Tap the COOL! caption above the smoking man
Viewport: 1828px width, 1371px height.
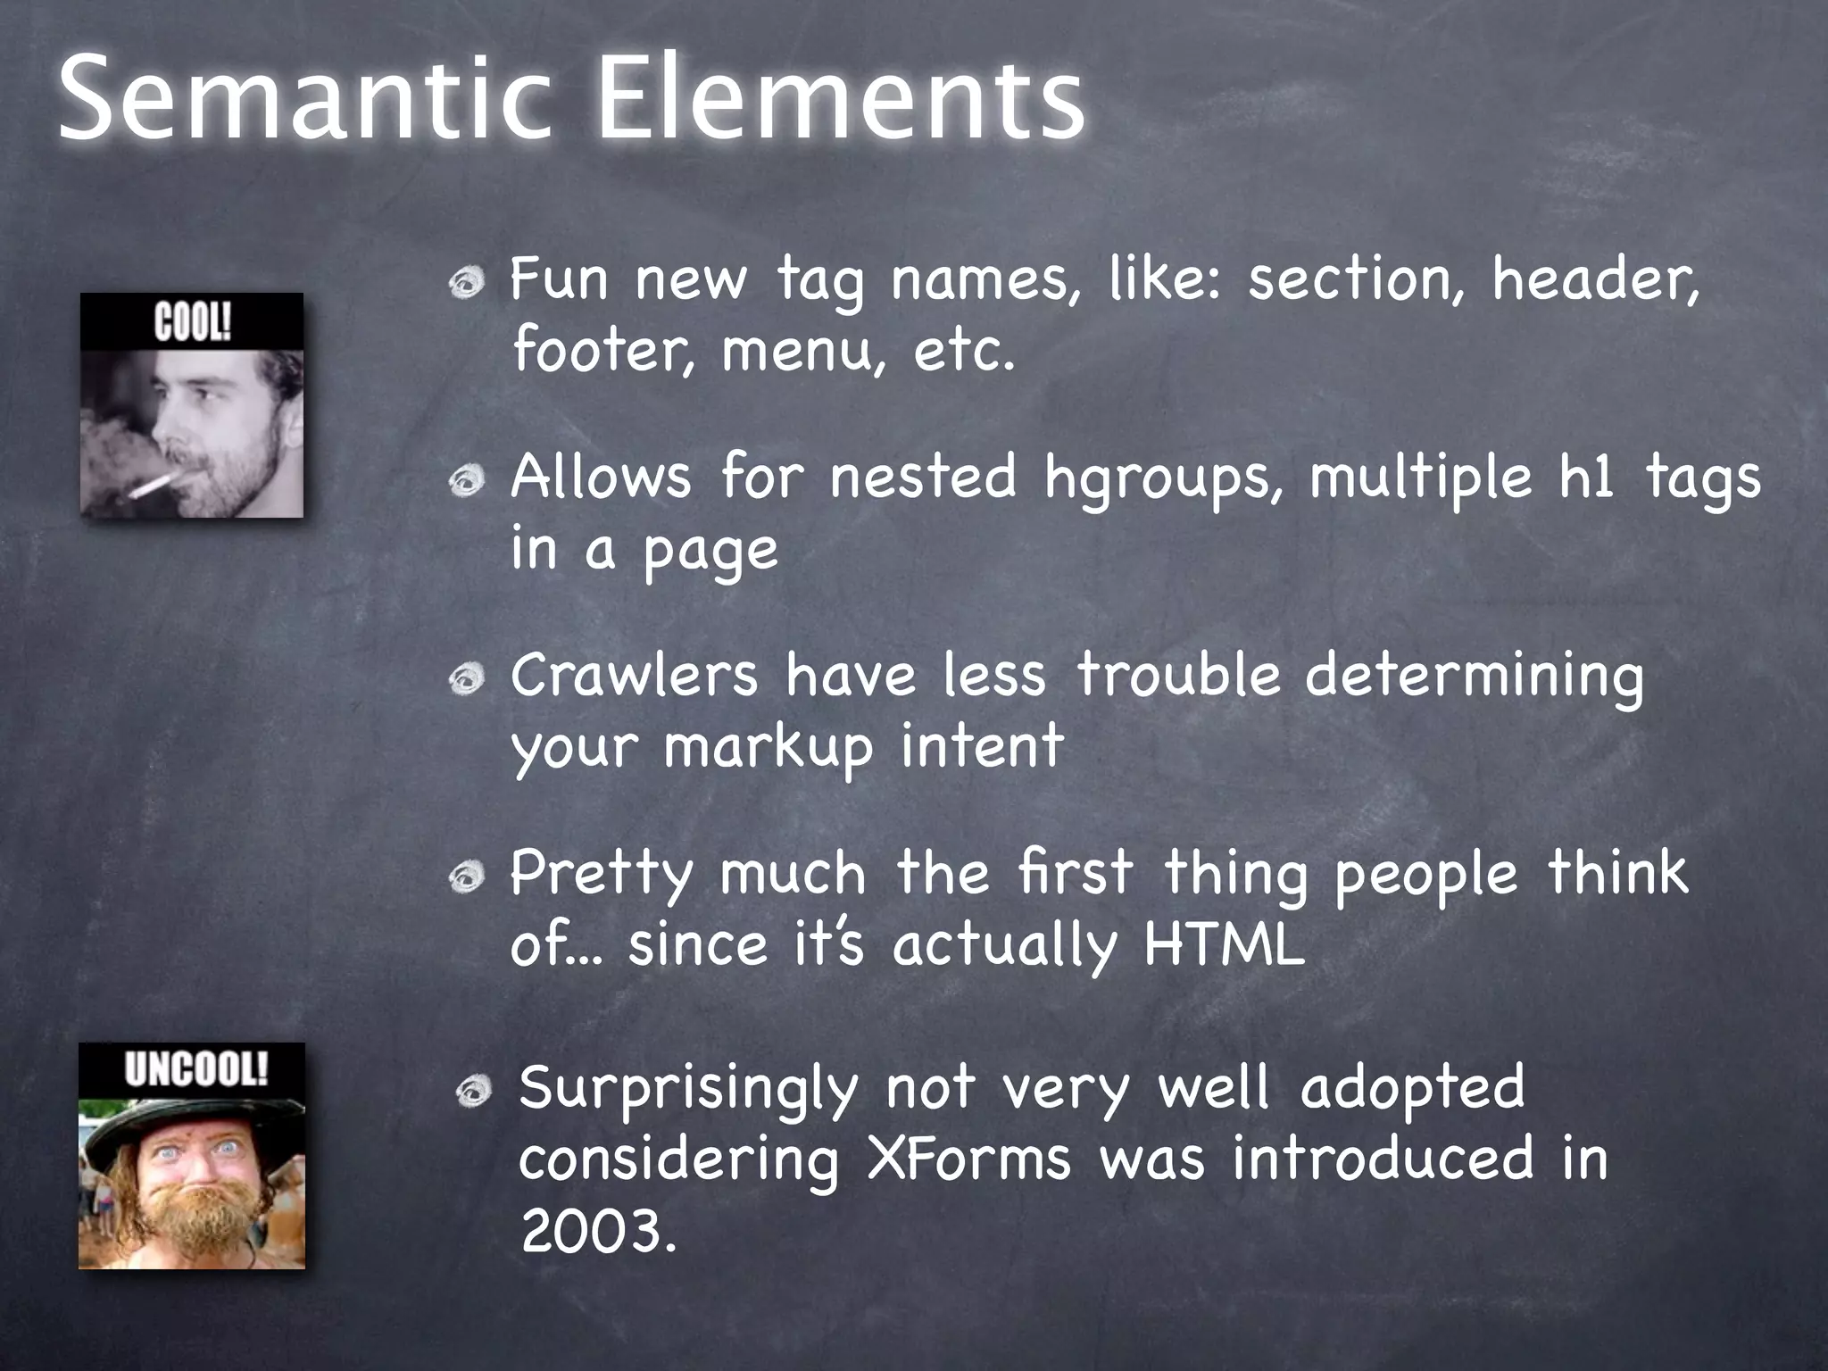pyautogui.click(x=192, y=322)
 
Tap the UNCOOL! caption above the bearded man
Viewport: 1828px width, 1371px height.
pyautogui.click(x=195, y=1069)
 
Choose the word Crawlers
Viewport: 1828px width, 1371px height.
pyautogui.click(x=634, y=676)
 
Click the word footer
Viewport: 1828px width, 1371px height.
pyautogui.click(x=602, y=350)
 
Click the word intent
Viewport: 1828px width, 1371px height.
pyautogui.click(x=982, y=746)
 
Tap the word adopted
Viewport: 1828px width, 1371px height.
pyautogui.click(x=1412, y=1087)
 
